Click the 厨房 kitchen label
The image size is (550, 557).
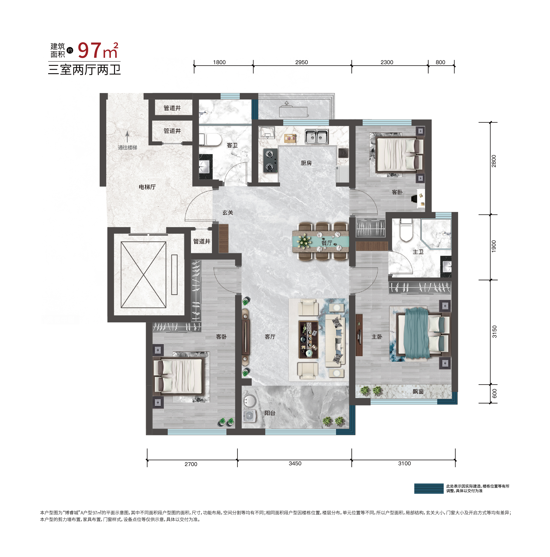[x=306, y=163]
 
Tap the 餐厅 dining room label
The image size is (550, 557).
[x=327, y=243]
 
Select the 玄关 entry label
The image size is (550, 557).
[x=228, y=212]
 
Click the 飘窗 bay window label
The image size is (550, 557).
[x=418, y=391]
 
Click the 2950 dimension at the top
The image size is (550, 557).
[x=301, y=62]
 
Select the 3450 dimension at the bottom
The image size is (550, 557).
[x=295, y=463]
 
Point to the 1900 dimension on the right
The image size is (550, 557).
[x=494, y=246]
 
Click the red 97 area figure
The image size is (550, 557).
[x=89, y=50]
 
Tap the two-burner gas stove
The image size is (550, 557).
[x=270, y=161]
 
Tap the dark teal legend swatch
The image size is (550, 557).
[x=429, y=488]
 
